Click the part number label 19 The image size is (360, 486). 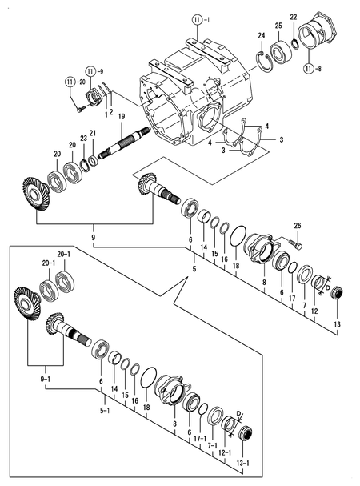pyautogui.click(x=122, y=117)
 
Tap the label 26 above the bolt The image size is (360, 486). pyautogui.click(x=298, y=226)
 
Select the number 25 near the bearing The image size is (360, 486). pyautogui.click(x=278, y=26)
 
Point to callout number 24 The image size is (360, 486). pyautogui.click(x=262, y=36)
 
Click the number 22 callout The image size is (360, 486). pyautogui.click(x=294, y=17)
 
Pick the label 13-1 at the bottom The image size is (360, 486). pyautogui.click(x=243, y=464)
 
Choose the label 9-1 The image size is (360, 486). pyautogui.click(x=46, y=379)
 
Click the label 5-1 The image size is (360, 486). pyautogui.click(x=105, y=411)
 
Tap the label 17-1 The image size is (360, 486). pyautogui.click(x=200, y=438)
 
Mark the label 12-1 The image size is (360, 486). pyautogui.click(x=224, y=452)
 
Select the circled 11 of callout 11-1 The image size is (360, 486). pyautogui.click(x=197, y=21)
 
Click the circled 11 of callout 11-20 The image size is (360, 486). pyautogui.click(x=70, y=82)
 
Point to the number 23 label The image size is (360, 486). pyautogui.click(x=84, y=139)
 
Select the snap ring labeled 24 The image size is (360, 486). pyautogui.click(x=264, y=62)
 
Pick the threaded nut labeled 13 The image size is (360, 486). pyautogui.click(x=337, y=293)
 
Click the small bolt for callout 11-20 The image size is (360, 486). pyautogui.click(x=80, y=109)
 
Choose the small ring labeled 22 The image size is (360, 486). pyautogui.click(x=295, y=43)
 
